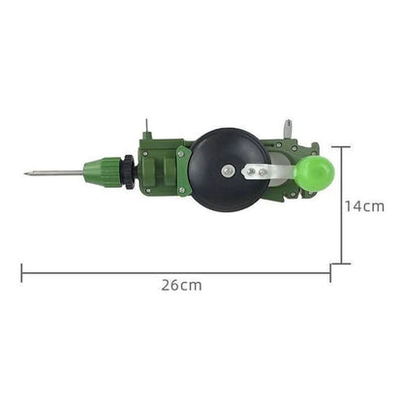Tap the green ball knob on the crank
(x=315, y=172)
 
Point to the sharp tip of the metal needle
(x=26, y=174)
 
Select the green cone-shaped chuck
(x=100, y=171)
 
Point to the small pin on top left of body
(x=146, y=127)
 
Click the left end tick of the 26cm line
(x=21, y=272)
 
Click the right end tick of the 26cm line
(x=329, y=272)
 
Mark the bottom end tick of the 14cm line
(x=340, y=263)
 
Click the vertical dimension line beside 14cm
(x=340, y=205)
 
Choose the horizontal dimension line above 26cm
(x=174, y=272)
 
